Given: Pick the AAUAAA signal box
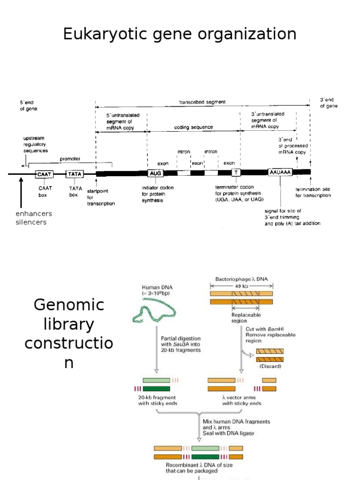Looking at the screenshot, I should coord(280,172).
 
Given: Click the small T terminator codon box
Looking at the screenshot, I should coord(236,173).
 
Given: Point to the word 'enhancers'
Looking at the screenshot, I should coord(34,214).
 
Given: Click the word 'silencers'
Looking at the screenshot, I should coord(31,222).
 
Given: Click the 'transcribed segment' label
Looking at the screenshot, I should coord(202,102).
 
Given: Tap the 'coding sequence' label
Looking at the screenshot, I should coord(194,127).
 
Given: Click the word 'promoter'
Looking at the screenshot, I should coord(70,159).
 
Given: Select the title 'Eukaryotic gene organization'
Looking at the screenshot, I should coord(180,34).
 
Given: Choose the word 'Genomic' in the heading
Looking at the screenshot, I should coord(68,305).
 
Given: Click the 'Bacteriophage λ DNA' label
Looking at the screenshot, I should coord(241,278).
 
